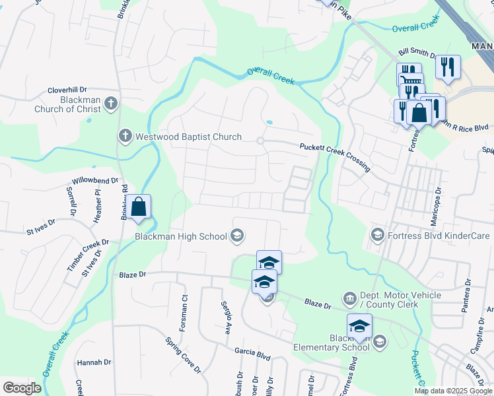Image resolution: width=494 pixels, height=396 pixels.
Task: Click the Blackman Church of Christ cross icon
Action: click(111, 103)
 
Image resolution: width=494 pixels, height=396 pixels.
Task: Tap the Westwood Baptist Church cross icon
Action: click(125, 137)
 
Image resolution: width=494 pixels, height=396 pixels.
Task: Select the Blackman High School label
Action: click(180, 236)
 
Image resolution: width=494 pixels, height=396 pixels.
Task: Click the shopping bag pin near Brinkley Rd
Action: click(139, 207)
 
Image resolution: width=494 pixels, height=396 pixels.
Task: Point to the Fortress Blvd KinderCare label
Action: click(439, 235)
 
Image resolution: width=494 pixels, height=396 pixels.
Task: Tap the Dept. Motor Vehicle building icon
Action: click(349, 300)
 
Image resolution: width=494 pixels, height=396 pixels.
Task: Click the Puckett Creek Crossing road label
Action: click(334, 157)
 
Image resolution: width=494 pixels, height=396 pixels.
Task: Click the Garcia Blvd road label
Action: click(252, 354)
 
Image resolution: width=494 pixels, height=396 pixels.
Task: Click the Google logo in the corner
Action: click(22, 388)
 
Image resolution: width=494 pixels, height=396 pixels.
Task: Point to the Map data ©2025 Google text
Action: click(453, 391)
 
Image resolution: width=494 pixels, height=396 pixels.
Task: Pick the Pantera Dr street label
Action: click(469, 291)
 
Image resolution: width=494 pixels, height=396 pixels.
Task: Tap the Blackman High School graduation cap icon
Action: click(237, 236)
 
